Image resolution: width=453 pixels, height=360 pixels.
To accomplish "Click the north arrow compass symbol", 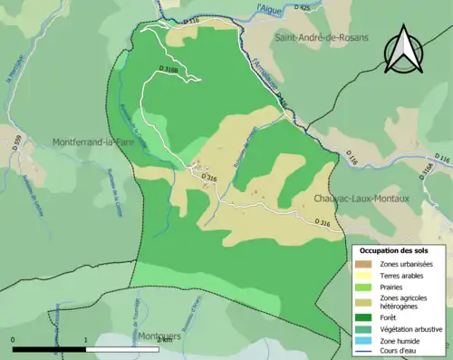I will pyautogui.click(x=403, y=51).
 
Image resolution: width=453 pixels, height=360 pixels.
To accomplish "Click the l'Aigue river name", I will pyautogui.click(x=270, y=7).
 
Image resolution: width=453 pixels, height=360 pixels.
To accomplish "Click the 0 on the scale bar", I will pyautogui.click(x=14, y=340).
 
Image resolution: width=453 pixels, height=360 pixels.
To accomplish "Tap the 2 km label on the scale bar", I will pyautogui.click(x=163, y=340).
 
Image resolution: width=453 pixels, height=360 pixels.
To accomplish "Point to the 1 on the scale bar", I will pyautogui.click(x=86, y=340).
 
